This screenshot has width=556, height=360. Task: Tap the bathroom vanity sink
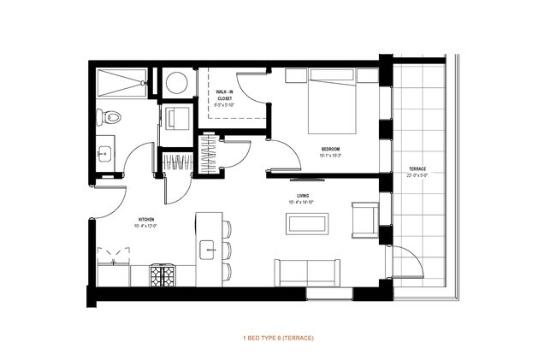click(104, 153)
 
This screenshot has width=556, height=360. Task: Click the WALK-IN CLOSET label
click(225, 94)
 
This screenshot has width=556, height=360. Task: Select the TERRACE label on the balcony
click(417, 168)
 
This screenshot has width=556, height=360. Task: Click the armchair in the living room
click(365, 220)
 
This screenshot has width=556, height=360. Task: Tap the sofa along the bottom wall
click(306, 272)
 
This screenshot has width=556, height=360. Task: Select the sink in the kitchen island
click(206, 250)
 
